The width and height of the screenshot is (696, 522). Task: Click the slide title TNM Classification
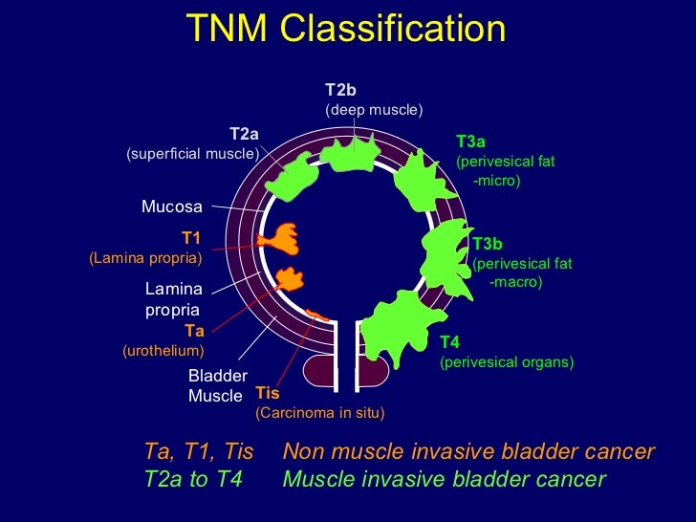(x=347, y=29)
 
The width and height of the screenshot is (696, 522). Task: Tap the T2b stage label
(x=340, y=90)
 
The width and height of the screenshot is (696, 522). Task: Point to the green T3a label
(x=470, y=142)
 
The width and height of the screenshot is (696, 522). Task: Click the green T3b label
(x=488, y=244)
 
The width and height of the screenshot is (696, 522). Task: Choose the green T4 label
(x=449, y=342)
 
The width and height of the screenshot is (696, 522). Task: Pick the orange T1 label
(x=190, y=238)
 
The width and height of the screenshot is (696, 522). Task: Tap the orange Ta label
(x=195, y=331)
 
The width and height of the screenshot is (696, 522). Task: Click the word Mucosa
(x=172, y=206)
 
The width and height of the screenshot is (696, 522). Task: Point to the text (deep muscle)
(x=374, y=110)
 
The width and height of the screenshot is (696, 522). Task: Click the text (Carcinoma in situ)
(x=319, y=413)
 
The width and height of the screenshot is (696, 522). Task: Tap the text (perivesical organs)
(x=506, y=362)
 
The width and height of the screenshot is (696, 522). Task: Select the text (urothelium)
(x=163, y=351)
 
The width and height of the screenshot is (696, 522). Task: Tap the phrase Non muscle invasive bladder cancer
(x=468, y=451)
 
